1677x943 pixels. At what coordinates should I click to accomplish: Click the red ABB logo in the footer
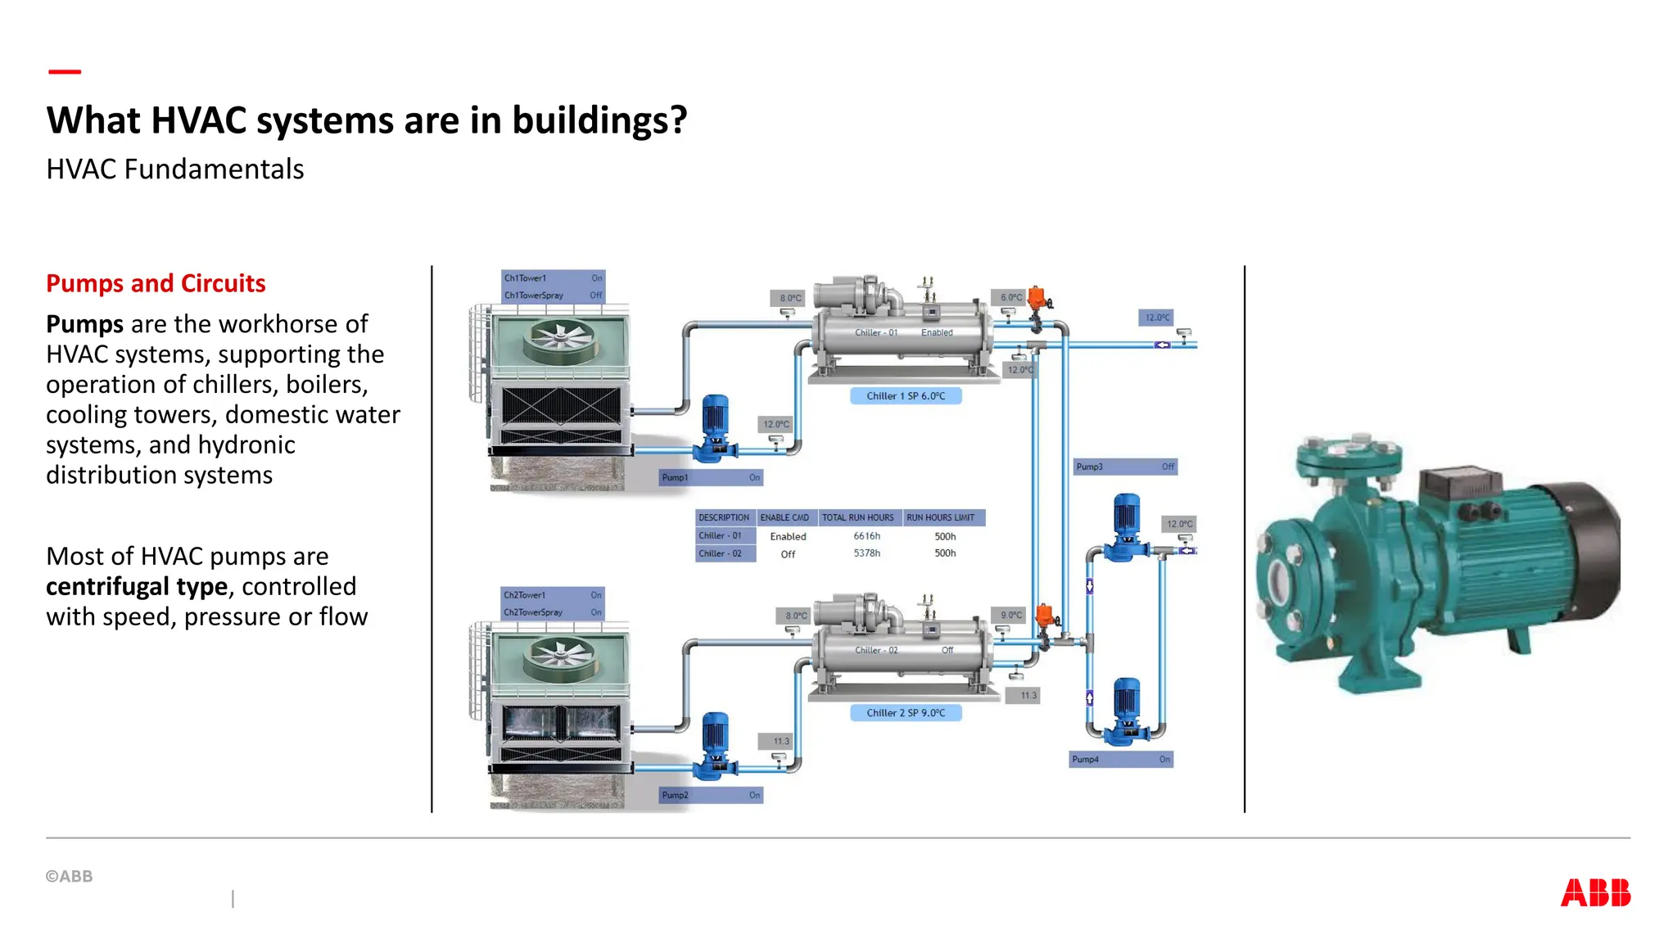[x=1595, y=892]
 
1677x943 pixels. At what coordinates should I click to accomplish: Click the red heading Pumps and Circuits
[x=156, y=283]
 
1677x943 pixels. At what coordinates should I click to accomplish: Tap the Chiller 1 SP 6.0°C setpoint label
[x=906, y=396]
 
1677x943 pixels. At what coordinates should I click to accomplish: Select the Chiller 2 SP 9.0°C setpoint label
[x=906, y=713]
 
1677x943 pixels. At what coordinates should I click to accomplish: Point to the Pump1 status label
[x=711, y=477]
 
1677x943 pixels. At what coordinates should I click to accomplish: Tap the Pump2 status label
[x=711, y=795]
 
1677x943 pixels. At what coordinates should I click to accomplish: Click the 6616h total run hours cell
[x=866, y=536]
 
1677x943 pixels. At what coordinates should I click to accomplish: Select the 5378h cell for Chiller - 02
[x=866, y=553]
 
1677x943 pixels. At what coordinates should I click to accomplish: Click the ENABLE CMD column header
[x=784, y=517]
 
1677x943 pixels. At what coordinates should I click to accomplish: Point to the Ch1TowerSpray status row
[x=553, y=296]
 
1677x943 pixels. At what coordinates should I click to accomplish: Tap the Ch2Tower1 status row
[x=553, y=595]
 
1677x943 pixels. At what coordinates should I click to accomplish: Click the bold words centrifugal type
[x=137, y=587]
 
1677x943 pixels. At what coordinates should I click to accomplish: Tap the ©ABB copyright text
[x=70, y=876]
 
